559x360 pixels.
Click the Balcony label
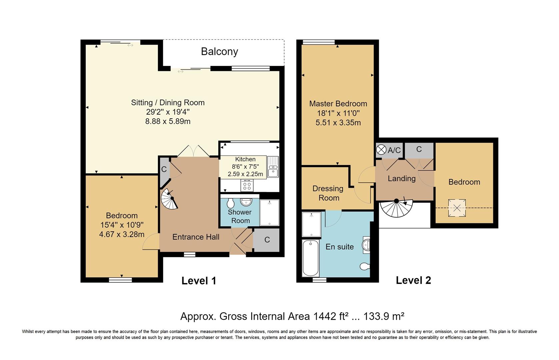pos(219,52)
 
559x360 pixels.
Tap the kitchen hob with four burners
pos(247,185)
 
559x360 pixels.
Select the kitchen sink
pos(273,167)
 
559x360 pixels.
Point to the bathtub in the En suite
pos(310,258)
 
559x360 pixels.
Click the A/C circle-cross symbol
pos(381,150)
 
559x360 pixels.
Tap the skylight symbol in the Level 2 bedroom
pos(457,208)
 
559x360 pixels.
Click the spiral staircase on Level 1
pos(169,199)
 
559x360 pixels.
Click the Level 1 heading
pos(199,281)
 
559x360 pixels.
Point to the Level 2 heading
pos(413,280)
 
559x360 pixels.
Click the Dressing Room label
pos(328,193)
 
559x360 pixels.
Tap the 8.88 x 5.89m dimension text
pos(168,122)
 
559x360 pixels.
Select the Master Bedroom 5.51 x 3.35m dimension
pos(338,123)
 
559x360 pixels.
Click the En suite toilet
pos(365,266)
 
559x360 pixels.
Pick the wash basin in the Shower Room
pos(246,202)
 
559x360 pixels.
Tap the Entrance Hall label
pos(196,237)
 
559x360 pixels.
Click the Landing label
pos(401,179)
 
